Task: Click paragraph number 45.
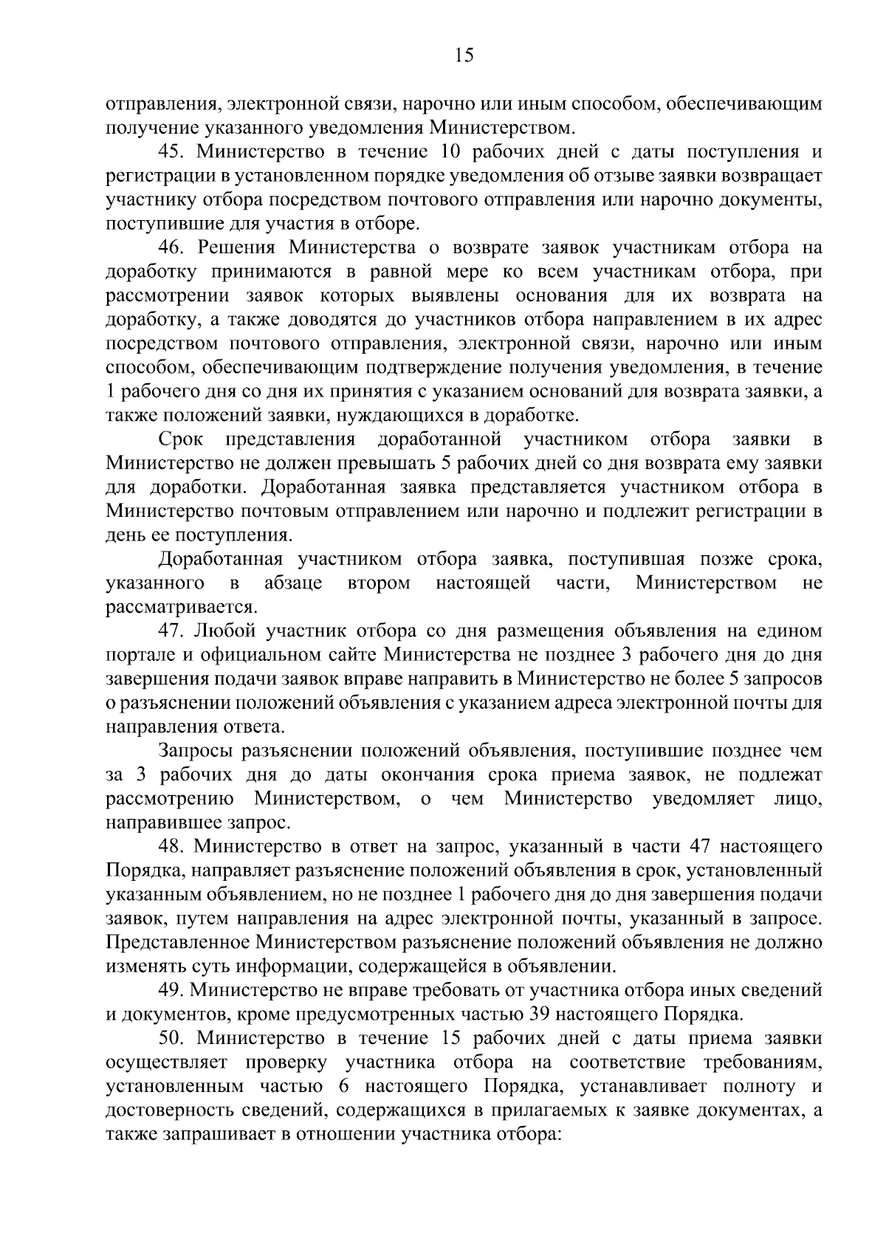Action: pos(171,153)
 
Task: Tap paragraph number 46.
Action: pos(171,248)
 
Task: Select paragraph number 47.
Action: pos(171,631)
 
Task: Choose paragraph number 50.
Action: pos(171,1038)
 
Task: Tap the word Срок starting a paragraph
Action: pos(180,440)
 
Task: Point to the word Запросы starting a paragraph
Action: pos(196,751)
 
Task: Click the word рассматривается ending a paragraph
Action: pos(180,608)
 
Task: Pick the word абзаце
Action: pos(293,583)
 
